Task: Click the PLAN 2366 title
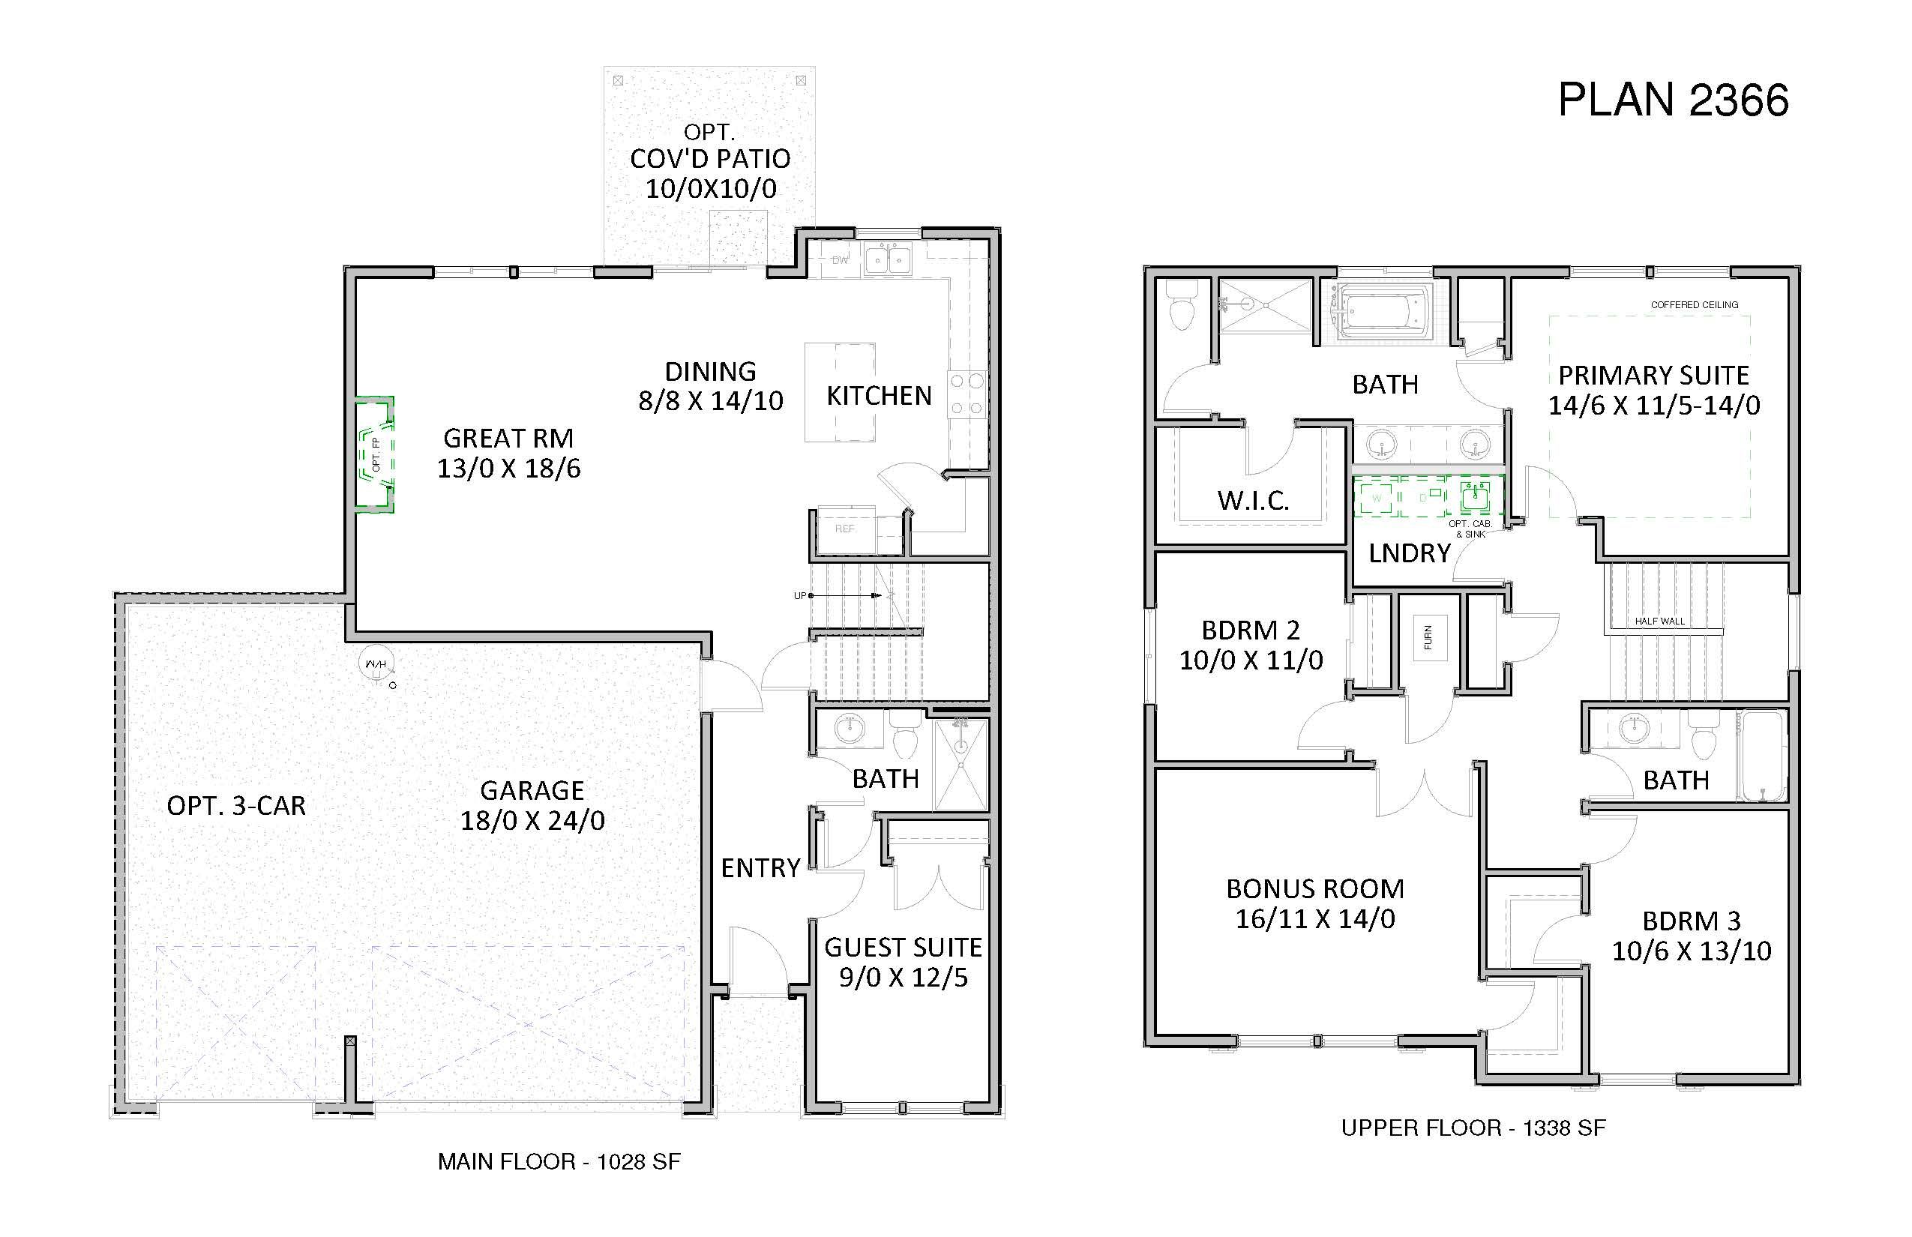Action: point(1673,100)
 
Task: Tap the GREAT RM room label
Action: point(508,439)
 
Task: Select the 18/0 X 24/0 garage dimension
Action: point(532,820)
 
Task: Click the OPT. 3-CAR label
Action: point(236,806)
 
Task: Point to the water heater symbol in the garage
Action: point(376,664)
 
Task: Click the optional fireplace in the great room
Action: point(375,454)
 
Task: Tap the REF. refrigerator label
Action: point(845,529)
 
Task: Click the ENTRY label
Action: point(760,867)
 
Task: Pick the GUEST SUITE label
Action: point(903,948)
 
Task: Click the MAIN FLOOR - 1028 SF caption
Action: point(559,1161)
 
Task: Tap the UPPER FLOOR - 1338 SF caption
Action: point(1473,1128)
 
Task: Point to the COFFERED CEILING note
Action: point(1695,305)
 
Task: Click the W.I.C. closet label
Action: point(1253,502)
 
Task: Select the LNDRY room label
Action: point(1409,553)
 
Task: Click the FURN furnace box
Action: point(1428,637)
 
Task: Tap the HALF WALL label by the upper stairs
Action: point(1660,621)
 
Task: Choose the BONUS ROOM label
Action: point(1315,889)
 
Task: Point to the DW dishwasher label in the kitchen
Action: point(840,260)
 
